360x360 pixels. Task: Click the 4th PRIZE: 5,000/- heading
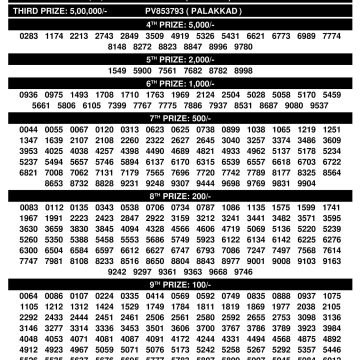pyautogui.click(x=180, y=19)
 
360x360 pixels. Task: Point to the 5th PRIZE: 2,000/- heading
pyautogui.click(x=180, y=58)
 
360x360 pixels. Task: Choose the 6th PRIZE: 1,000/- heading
pyautogui.click(x=180, y=84)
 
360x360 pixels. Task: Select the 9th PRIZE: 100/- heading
pyautogui.click(x=180, y=284)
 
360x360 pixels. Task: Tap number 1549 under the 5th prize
pyautogui.click(x=112, y=71)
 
